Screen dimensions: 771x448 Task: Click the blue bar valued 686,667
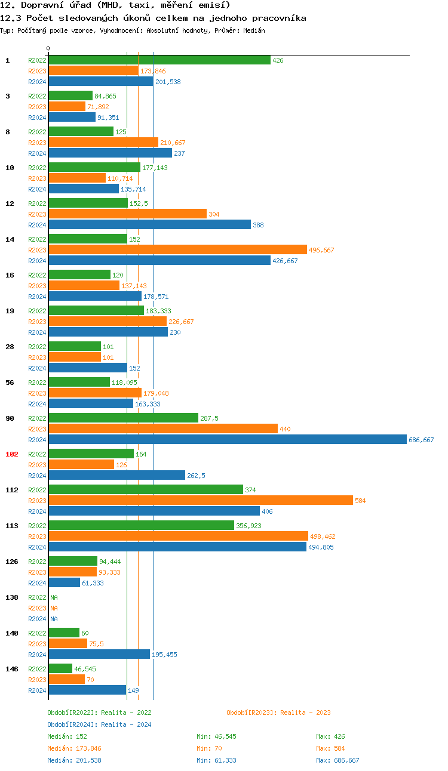(x=227, y=440)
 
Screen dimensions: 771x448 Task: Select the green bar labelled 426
(x=159, y=60)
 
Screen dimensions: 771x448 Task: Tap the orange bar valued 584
(x=201, y=501)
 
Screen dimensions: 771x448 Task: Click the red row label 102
(x=12, y=454)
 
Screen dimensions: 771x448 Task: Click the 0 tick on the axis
(x=48, y=48)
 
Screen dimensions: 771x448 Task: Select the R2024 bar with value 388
(x=149, y=225)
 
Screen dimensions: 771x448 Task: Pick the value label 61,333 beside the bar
(x=93, y=583)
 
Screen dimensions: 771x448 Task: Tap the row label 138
(x=12, y=597)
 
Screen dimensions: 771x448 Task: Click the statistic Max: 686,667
(x=337, y=760)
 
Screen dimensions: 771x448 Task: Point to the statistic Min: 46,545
(x=216, y=736)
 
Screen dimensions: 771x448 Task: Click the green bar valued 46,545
(x=60, y=669)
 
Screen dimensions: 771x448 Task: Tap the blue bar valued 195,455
(x=99, y=655)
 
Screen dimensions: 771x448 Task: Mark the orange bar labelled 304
(x=127, y=214)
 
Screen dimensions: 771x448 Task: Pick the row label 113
(x=12, y=526)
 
